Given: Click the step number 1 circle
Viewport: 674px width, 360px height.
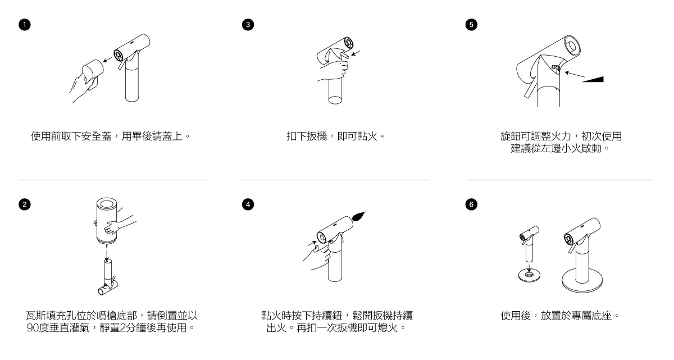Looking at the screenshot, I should coord(23,25).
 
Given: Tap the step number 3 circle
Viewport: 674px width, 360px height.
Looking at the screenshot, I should coord(247,25).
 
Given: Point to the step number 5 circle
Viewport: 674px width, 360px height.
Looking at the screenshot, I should coord(470,25).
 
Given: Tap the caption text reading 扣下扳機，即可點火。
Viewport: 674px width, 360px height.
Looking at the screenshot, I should coord(335,136).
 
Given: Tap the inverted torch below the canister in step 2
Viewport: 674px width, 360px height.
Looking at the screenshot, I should coord(107,277).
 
